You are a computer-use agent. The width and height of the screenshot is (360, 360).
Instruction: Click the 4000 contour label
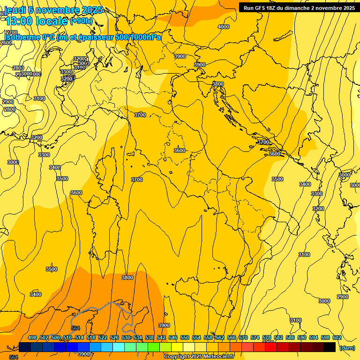(x=224, y=27)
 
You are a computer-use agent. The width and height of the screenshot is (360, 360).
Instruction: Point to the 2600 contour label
(x=6, y=43)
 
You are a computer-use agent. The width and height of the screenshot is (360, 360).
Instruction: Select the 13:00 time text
(x=19, y=21)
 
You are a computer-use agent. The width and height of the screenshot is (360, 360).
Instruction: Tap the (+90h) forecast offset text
(x=82, y=21)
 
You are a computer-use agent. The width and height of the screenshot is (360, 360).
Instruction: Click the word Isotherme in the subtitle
(x=22, y=37)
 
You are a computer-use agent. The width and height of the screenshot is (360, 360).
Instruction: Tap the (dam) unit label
(x=347, y=348)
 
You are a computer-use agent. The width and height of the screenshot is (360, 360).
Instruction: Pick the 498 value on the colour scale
(x=32, y=337)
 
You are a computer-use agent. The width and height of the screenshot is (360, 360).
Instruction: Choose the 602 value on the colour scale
(x=337, y=337)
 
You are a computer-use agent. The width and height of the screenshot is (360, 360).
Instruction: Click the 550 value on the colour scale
(x=185, y=337)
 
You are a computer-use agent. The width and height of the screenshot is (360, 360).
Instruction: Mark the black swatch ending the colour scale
(x=330, y=347)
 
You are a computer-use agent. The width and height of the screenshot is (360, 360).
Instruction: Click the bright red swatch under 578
(x=271, y=347)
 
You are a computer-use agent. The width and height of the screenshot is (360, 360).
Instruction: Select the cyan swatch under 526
(x=119, y=347)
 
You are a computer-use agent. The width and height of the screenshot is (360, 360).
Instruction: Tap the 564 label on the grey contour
(x=75, y=328)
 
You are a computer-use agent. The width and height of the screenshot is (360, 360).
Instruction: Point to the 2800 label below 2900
(x=10, y=109)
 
